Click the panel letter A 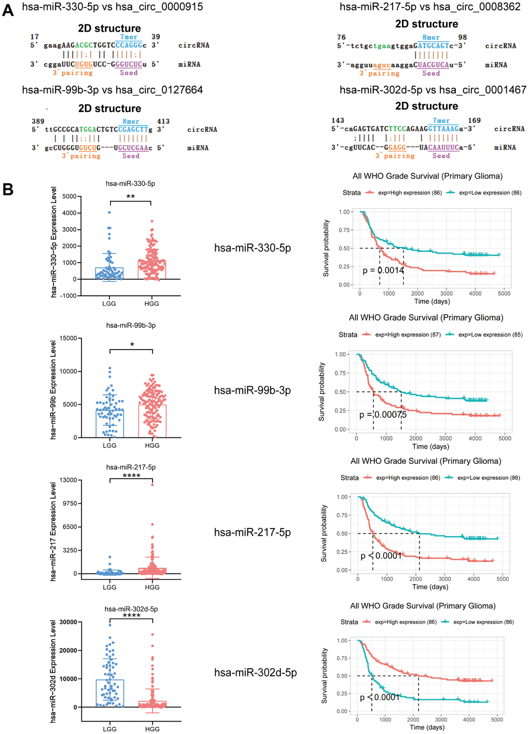[8, 10]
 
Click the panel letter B [8, 189]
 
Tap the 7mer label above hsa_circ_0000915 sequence [129, 37]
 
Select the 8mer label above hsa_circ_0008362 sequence [431, 37]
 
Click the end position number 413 [163, 121]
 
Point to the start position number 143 [338, 120]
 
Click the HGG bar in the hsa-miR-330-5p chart [152, 270]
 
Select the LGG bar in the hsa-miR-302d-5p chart [110, 693]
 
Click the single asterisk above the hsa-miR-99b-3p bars [132, 345]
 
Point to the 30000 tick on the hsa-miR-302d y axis [68, 622]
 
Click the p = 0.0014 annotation [383, 270]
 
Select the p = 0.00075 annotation [383, 414]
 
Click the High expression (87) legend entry [408, 335]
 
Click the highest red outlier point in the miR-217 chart [152, 484]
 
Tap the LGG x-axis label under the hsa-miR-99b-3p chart [109, 446]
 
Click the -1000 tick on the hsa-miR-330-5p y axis [69, 296]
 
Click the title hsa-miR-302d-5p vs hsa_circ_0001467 [433, 90]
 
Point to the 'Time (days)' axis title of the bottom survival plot [427, 727]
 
